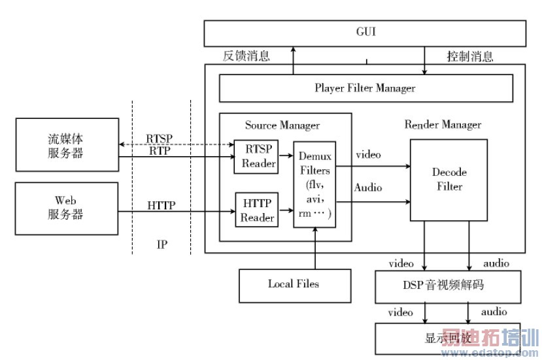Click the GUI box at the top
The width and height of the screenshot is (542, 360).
pyautogui.click(x=365, y=33)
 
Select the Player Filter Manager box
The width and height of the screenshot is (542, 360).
pyautogui.click(x=365, y=88)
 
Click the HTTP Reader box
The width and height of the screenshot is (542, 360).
pyautogui.click(x=257, y=210)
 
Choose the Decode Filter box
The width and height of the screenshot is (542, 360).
pyautogui.click(x=449, y=180)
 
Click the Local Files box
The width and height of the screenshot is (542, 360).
pyautogui.click(x=293, y=284)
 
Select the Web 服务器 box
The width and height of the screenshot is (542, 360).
pyautogui.click(x=67, y=208)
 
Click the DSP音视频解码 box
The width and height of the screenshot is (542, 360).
pyautogui.click(x=449, y=285)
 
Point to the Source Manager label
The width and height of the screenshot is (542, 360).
pyautogui.click(x=282, y=125)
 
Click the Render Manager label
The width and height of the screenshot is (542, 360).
pyautogui.click(x=443, y=124)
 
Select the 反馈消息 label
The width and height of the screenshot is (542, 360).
pyautogui.click(x=246, y=56)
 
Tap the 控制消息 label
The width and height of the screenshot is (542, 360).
pyautogui.click(x=470, y=56)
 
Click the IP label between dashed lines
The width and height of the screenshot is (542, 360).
pyautogui.click(x=162, y=244)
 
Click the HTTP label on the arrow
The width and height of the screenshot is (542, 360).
pyautogui.click(x=161, y=205)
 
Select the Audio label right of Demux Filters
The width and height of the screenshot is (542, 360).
pyautogui.click(x=369, y=188)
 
